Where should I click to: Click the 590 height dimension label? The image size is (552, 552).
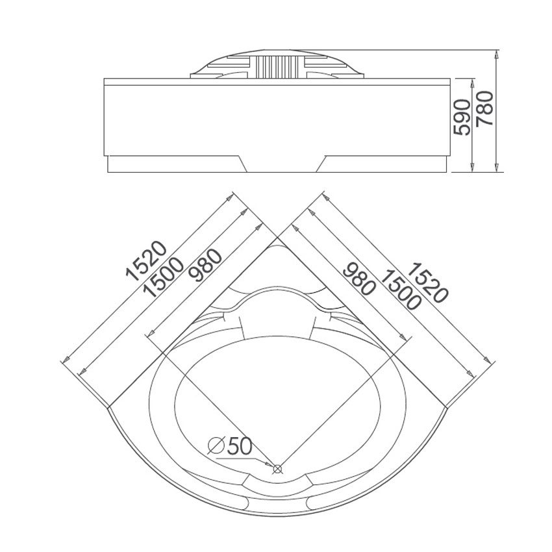pyautogui.click(x=462, y=117)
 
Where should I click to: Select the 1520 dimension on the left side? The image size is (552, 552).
pyautogui.click(x=147, y=261)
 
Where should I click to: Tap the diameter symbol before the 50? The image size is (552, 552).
pyautogui.click(x=217, y=446)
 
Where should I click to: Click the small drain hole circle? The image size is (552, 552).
pyautogui.click(x=278, y=468)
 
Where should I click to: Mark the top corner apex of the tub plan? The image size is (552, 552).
pyautogui.click(x=276, y=240)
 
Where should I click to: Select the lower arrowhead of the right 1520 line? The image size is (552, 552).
pyautogui.click(x=486, y=359)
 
